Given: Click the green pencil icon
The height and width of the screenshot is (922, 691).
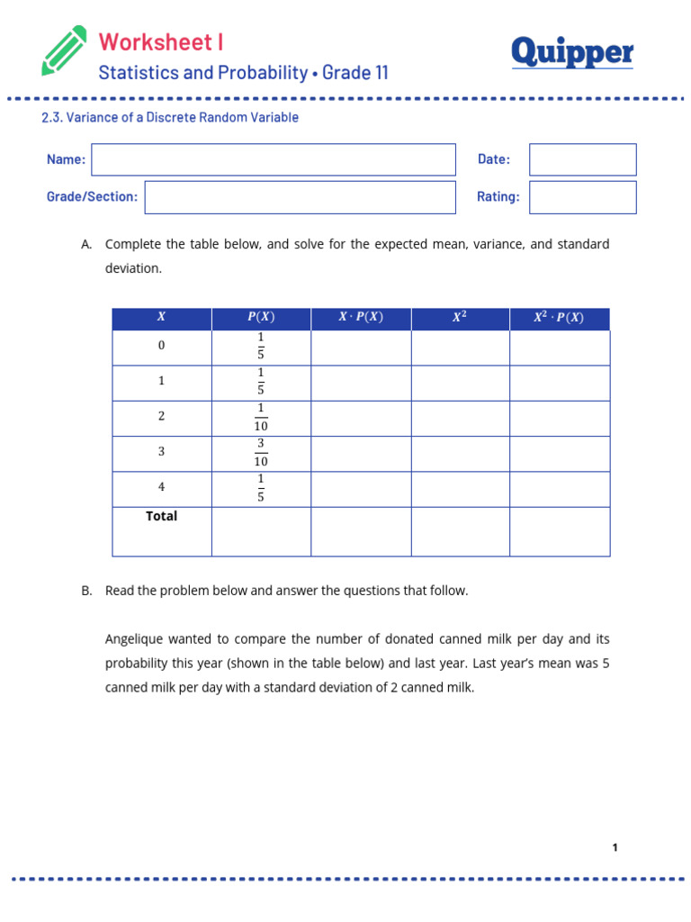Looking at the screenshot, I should [64, 50].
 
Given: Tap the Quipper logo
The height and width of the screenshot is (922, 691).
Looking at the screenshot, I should [572, 53].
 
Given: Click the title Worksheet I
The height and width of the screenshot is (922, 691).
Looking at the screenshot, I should [161, 41].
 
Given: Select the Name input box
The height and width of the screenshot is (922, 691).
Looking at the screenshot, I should [274, 159].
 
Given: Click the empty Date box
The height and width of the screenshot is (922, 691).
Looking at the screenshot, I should [582, 159].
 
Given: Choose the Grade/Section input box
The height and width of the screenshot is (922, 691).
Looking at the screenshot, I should [300, 197].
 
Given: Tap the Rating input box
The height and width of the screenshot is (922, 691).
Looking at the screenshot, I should [582, 197].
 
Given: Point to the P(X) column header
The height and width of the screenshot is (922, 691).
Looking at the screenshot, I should [261, 318].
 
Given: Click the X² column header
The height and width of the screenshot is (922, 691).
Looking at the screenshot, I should [460, 318].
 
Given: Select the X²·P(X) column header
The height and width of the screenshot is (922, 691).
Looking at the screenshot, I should [559, 318].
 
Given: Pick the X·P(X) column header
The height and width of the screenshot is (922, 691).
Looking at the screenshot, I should [360, 318].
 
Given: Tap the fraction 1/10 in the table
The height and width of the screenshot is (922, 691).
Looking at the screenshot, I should [261, 418].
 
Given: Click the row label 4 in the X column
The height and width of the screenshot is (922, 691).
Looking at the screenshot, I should [162, 488].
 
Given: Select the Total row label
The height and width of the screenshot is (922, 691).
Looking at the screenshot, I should [162, 517].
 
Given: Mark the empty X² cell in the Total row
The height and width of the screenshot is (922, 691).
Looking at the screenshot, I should [460, 531].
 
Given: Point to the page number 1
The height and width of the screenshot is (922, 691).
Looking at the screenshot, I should [615, 847].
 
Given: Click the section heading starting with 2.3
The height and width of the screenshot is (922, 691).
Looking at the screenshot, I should [170, 118].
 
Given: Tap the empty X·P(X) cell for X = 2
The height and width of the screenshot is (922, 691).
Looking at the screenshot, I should [360, 418].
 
